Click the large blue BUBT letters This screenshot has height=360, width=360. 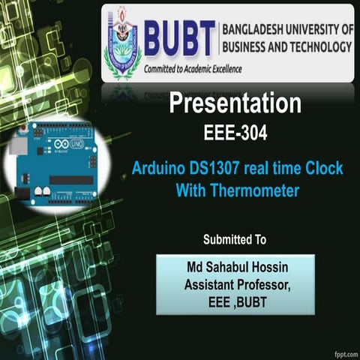[x=178, y=38]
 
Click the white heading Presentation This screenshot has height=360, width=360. [x=235, y=104]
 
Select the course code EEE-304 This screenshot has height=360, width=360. [x=235, y=134]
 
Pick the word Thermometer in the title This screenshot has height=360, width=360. [x=255, y=191]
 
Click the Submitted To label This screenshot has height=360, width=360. [x=235, y=240]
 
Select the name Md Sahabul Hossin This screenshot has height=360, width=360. [x=235, y=268]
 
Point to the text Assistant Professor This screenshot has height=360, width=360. [x=235, y=284]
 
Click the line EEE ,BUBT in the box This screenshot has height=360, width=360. [x=235, y=300]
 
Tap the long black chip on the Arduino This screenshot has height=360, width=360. [x=72, y=181]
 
